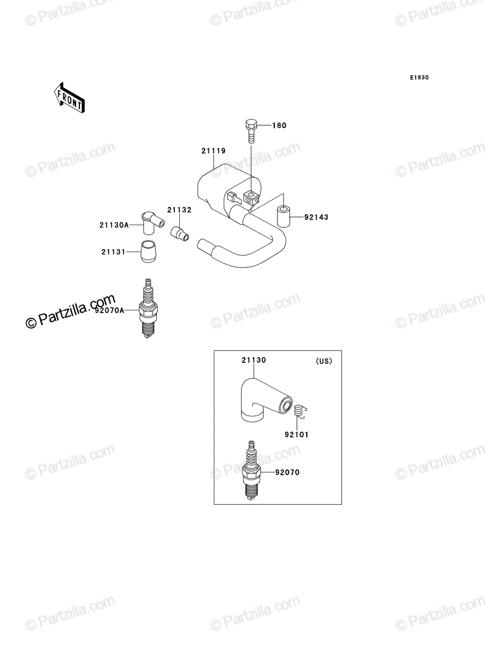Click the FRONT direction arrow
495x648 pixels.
(x=69, y=98)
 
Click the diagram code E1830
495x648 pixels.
(x=419, y=78)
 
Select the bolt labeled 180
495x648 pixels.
(x=251, y=131)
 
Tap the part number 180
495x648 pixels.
(x=279, y=125)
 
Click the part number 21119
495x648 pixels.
(x=214, y=151)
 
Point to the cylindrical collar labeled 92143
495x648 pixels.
(x=283, y=217)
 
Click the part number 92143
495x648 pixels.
(x=316, y=217)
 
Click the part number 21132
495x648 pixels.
(x=179, y=210)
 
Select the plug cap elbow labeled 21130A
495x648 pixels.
(x=152, y=223)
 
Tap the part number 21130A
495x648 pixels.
(x=114, y=225)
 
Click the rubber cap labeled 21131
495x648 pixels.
(x=148, y=251)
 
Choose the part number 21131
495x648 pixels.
(x=113, y=252)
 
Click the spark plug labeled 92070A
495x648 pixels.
(x=148, y=308)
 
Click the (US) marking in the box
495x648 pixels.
(x=324, y=361)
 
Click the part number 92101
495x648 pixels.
(x=296, y=435)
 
